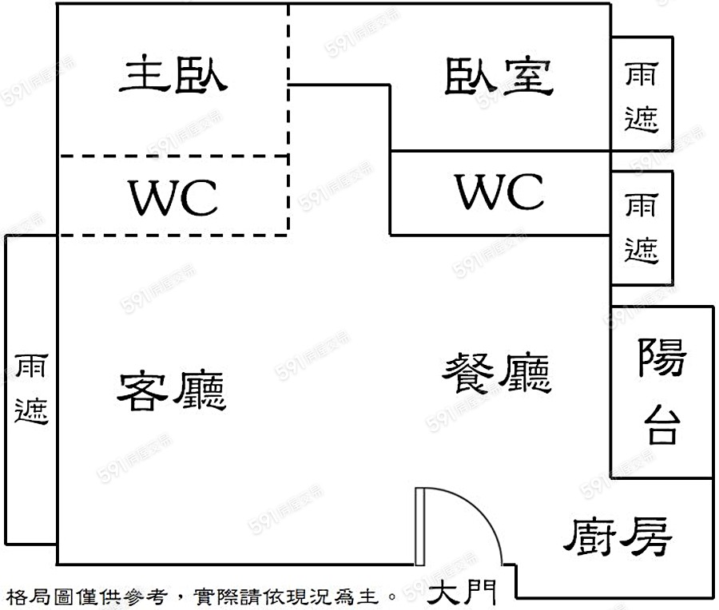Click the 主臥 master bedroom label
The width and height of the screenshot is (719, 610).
(173, 77)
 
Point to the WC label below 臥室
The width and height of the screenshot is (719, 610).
(499, 192)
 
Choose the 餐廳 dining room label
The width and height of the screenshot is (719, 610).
(497, 374)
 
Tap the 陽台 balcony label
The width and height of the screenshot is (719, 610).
(661, 390)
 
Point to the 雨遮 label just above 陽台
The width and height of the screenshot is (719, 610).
(642, 228)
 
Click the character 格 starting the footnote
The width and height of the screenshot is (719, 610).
(15, 596)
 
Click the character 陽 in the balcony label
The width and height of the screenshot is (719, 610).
(661, 357)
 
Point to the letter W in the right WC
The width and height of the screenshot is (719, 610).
(478, 192)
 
